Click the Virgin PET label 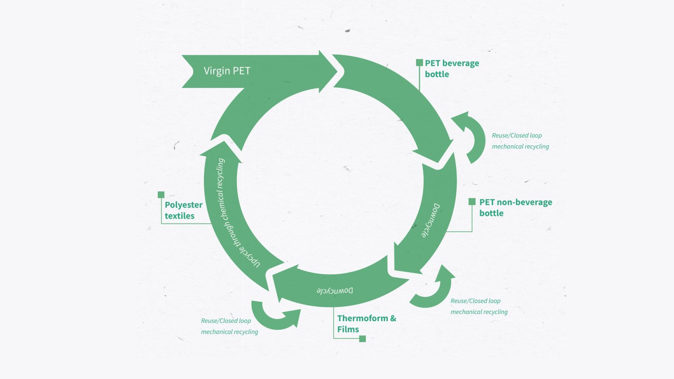point(227,71)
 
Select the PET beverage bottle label point(452,69)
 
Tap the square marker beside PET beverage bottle point(419,63)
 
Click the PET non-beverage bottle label point(515,207)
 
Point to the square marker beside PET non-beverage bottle point(472,202)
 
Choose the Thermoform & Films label point(366,324)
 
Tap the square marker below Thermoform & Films point(362,339)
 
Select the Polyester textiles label point(183,210)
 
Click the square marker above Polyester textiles point(161,195)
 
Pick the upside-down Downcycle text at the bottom point(335,290)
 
